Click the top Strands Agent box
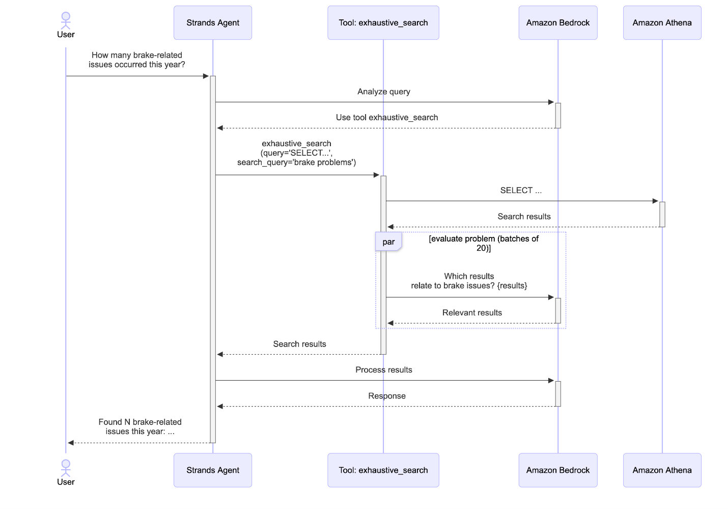click(x=213, y=23)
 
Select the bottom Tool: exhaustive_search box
click(x=383, y=470)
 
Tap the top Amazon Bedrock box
click(x=557, y=23)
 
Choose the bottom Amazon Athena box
click(x=662, y=470)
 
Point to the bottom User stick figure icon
click(x=66, y=468)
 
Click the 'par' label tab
click(x=388, y=242)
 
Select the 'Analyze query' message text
click(x=383, y=92)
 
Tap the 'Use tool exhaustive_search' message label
click(x=386, y=118)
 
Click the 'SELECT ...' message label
click(x=520, y=191)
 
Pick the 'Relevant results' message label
click(x=472, y=313)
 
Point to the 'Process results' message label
click(x=383, y=370)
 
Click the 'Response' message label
click(x=386, y=396)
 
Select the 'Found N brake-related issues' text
click(x=139, y=426)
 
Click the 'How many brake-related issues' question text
click(x=136, y=60)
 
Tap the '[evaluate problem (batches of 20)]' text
click(x=483, y=243)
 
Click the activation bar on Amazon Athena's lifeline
click(x=662, y=214)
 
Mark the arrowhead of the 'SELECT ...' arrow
click(x=655, y=201)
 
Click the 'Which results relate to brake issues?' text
click(x=469, y=281)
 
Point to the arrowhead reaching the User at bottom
click(x=71, y=443)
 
